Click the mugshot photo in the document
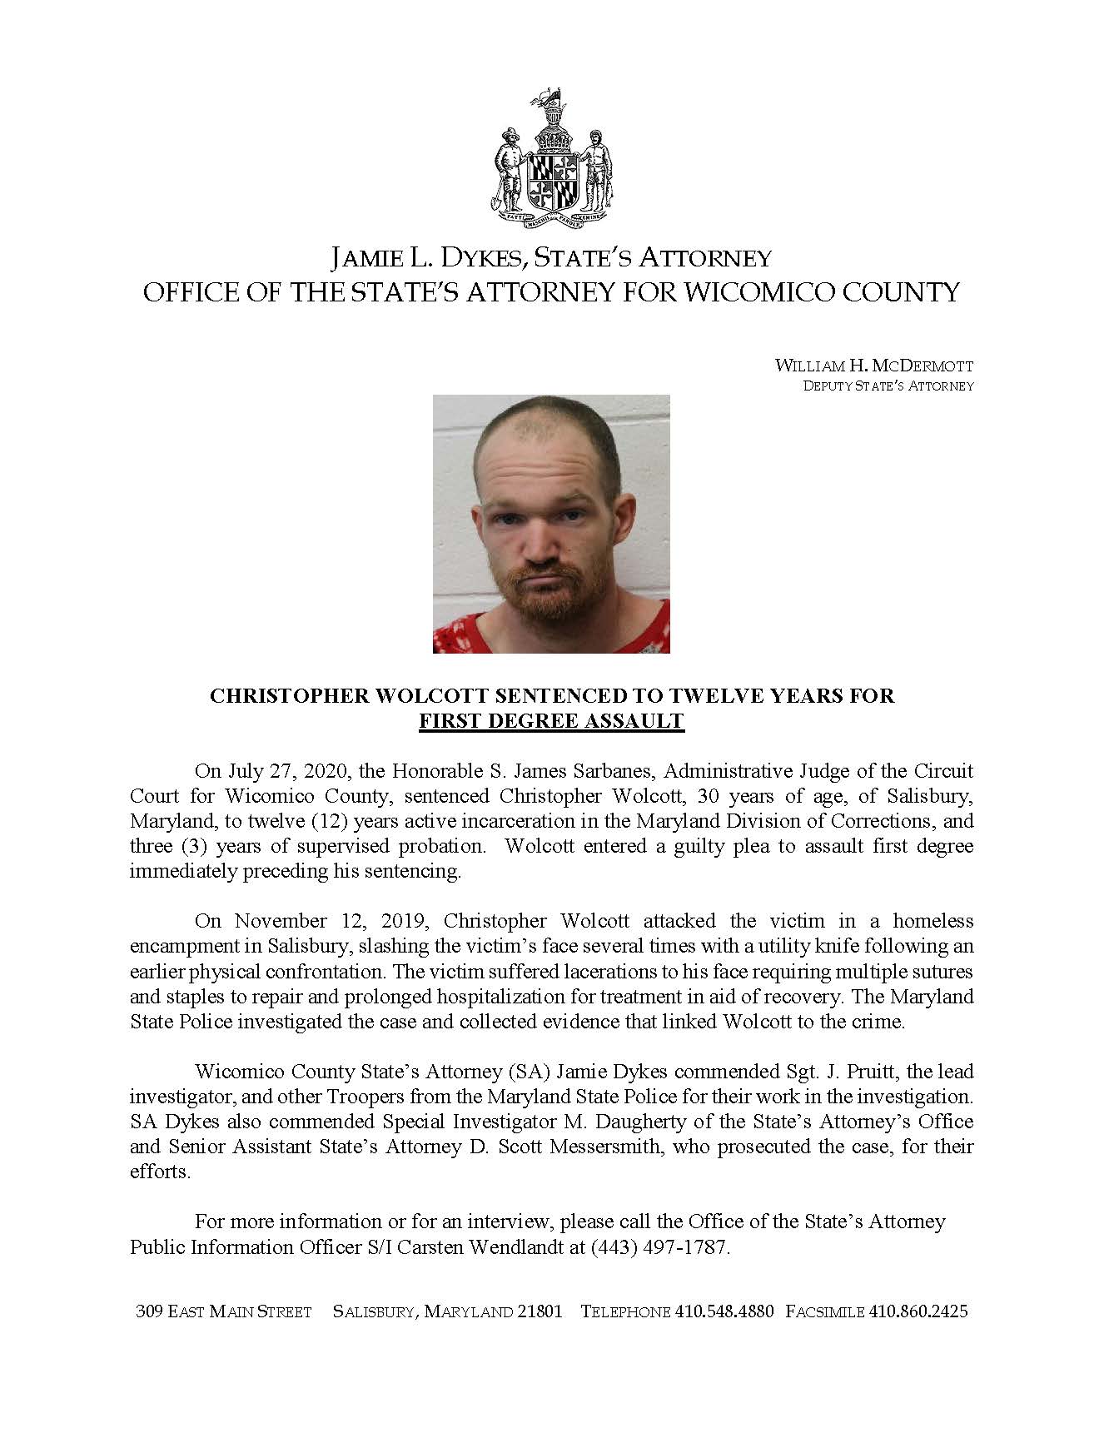pos(551,524)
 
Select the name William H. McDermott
pos(873,366)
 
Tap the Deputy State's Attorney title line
pos(888,386)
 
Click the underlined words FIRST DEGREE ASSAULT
pos(551,721)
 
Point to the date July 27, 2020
pos(287,771)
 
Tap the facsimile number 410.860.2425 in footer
pos(918,1311)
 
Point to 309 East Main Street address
pos(223,1311)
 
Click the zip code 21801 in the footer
pos(540,1311)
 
